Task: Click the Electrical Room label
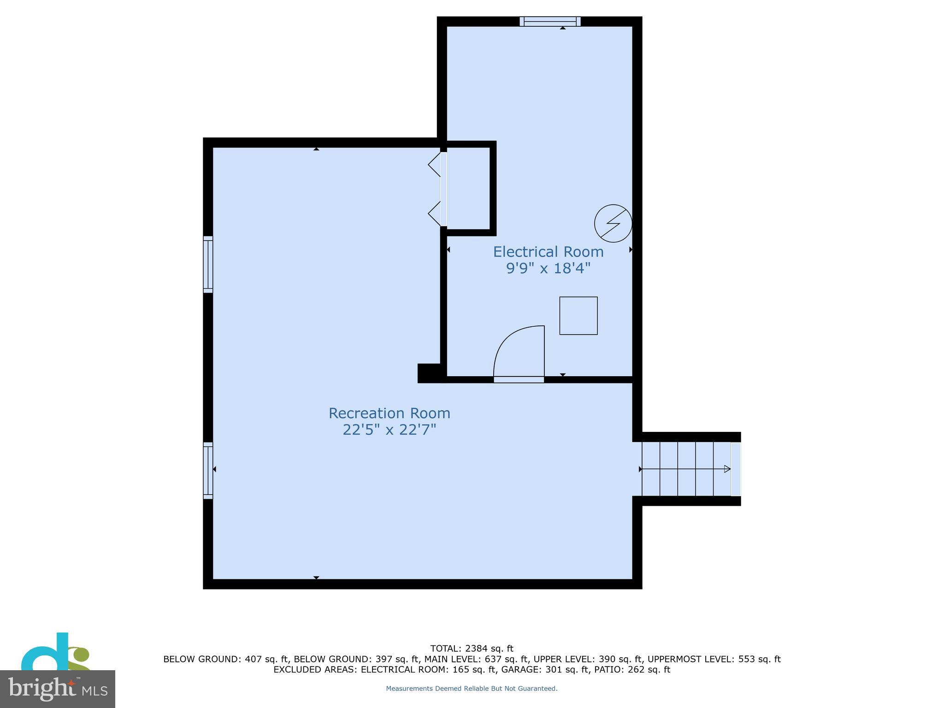548,252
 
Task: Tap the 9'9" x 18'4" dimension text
548,268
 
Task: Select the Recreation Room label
389,413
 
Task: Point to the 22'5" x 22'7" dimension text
389,430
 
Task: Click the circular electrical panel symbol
613,224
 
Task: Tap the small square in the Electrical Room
578,316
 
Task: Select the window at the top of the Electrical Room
550,21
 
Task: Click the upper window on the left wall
208,264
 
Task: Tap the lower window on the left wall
208,470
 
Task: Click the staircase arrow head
727,469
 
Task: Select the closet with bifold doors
468,188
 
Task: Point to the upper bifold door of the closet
434,164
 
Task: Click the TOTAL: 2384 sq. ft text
472,649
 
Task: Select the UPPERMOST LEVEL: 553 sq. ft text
714,659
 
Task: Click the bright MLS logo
57,689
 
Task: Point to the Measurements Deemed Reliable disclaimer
472,689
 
